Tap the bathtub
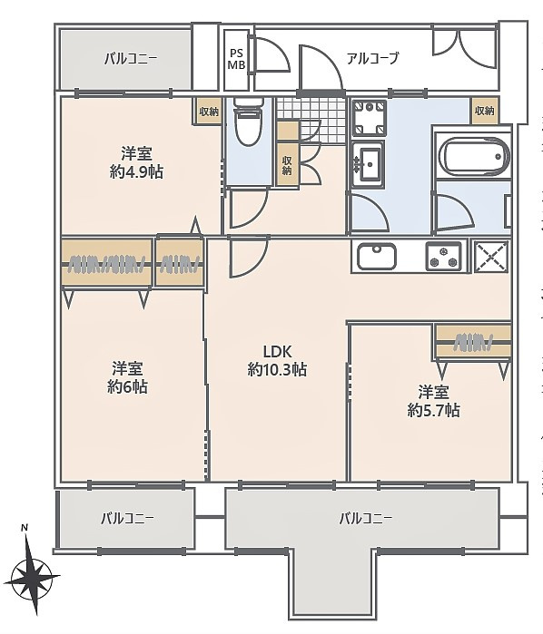(473, 157)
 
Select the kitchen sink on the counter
(377, 257)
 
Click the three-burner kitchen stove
(443, 257)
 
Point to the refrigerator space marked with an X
(491, 257)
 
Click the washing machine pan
(369, 118)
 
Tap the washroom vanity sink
(368, 163)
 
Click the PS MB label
(236, 60)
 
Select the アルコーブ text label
(372, 59)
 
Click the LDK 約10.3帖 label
(277, 361)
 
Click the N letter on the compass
(25, 528)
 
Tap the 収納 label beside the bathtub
(485, 111)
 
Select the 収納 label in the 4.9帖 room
(209, 112)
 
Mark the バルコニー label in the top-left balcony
(131, 60)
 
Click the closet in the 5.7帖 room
(473, 342)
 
